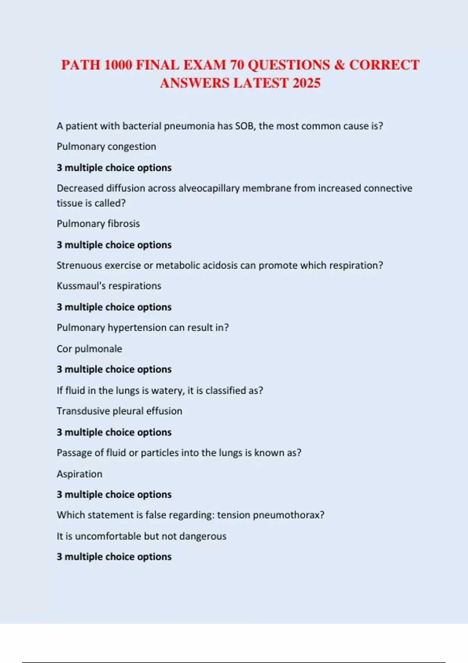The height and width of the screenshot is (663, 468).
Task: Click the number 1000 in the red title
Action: pyautogui.click(x=118, y=65)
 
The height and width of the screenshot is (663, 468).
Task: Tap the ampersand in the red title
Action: pyautogui.click(x=339, y=65)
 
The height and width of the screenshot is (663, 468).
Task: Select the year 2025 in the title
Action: pyautogui.click(x=306, y=83)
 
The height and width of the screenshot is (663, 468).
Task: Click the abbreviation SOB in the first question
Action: pyautogui.click(x=245, y=126)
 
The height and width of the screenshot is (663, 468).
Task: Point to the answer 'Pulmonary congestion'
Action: pyautogui.click(x=106, y=147)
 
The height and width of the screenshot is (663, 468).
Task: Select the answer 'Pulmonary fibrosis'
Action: pyautogui.click(x=98, y=224)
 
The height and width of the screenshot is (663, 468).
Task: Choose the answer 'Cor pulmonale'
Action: pyautogui.click(x=89, y=349)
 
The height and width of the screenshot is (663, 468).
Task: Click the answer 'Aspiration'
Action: pyautogui.click(x=80, y=474)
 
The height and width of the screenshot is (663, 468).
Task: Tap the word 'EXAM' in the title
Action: pyautogui.click(x=204, y=65)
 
